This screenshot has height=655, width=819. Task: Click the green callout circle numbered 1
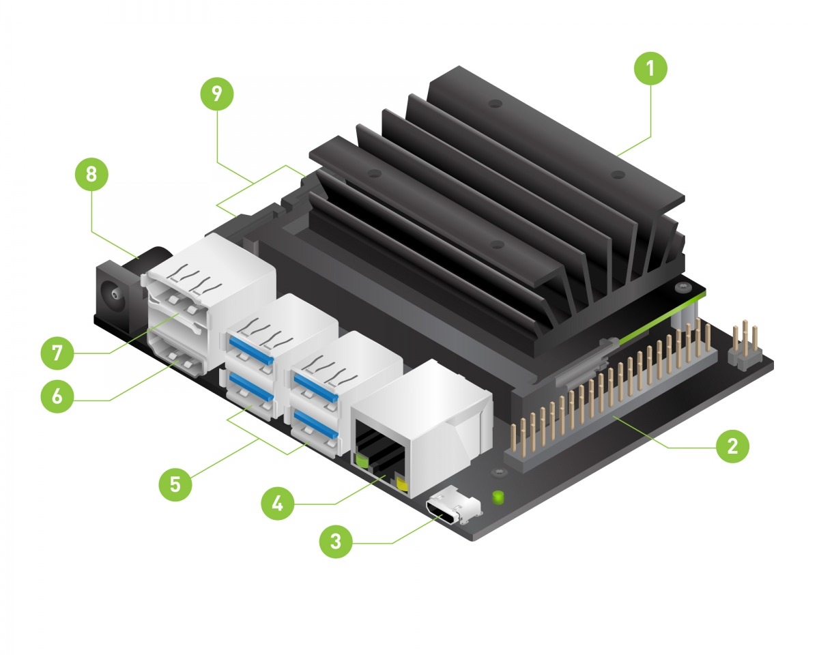[650, 69]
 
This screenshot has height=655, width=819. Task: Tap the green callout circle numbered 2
[732, 448]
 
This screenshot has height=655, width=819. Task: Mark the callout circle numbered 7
[57, 353]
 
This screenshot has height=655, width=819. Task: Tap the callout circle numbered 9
[217, 95]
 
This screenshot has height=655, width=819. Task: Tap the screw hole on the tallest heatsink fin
[496, 104]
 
